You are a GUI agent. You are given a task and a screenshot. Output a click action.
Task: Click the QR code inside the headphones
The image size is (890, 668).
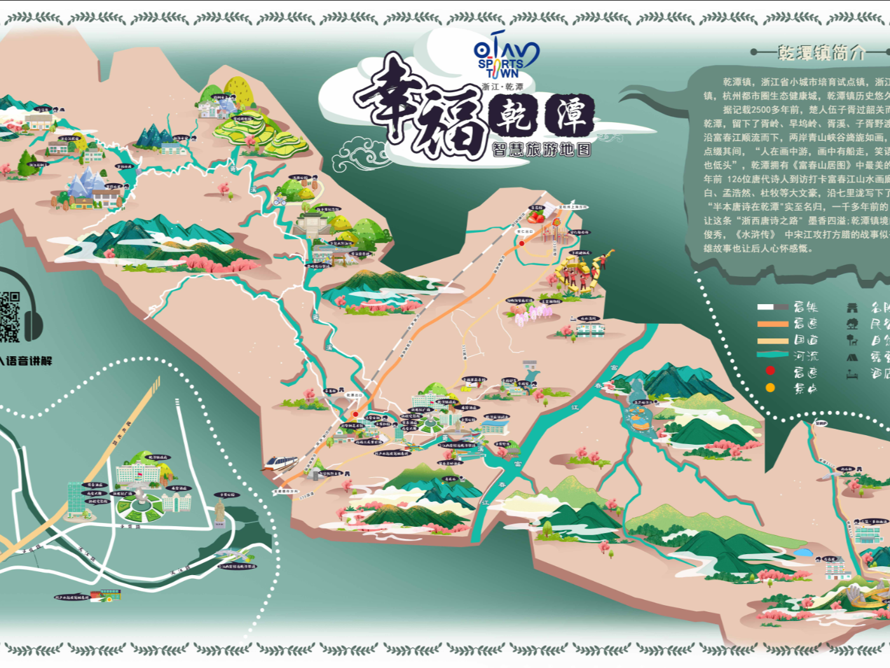coord(10,316)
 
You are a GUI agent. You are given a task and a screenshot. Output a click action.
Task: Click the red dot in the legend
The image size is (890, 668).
coord(770,371)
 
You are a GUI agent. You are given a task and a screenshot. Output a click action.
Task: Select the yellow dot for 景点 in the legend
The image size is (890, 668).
coord(770,387)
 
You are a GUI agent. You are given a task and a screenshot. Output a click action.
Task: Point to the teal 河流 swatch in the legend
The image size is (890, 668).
coord(772,355)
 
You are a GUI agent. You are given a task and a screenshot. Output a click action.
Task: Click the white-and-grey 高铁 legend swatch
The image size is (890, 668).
coord(772,307)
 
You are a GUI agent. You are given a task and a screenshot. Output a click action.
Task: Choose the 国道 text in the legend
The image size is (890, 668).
coord(805,340)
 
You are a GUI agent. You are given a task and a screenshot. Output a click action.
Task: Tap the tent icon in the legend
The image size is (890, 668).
coord(852,357)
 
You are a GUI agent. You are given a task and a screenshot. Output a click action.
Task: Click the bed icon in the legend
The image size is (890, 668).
coord(852,374)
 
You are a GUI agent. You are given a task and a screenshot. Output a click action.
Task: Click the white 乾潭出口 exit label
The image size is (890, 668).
coord(354,395)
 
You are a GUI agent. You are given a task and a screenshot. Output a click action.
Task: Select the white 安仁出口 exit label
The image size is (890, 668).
coord(524,232)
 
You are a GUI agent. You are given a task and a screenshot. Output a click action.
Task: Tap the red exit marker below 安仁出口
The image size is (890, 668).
coord(521,243)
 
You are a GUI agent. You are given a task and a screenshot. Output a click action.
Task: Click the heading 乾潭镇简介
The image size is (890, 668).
coord(821,52)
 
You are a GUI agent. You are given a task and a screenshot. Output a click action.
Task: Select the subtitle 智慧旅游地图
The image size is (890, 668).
coord(541,150)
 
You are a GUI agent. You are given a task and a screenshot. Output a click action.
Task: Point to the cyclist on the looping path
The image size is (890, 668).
coord(280,200)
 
